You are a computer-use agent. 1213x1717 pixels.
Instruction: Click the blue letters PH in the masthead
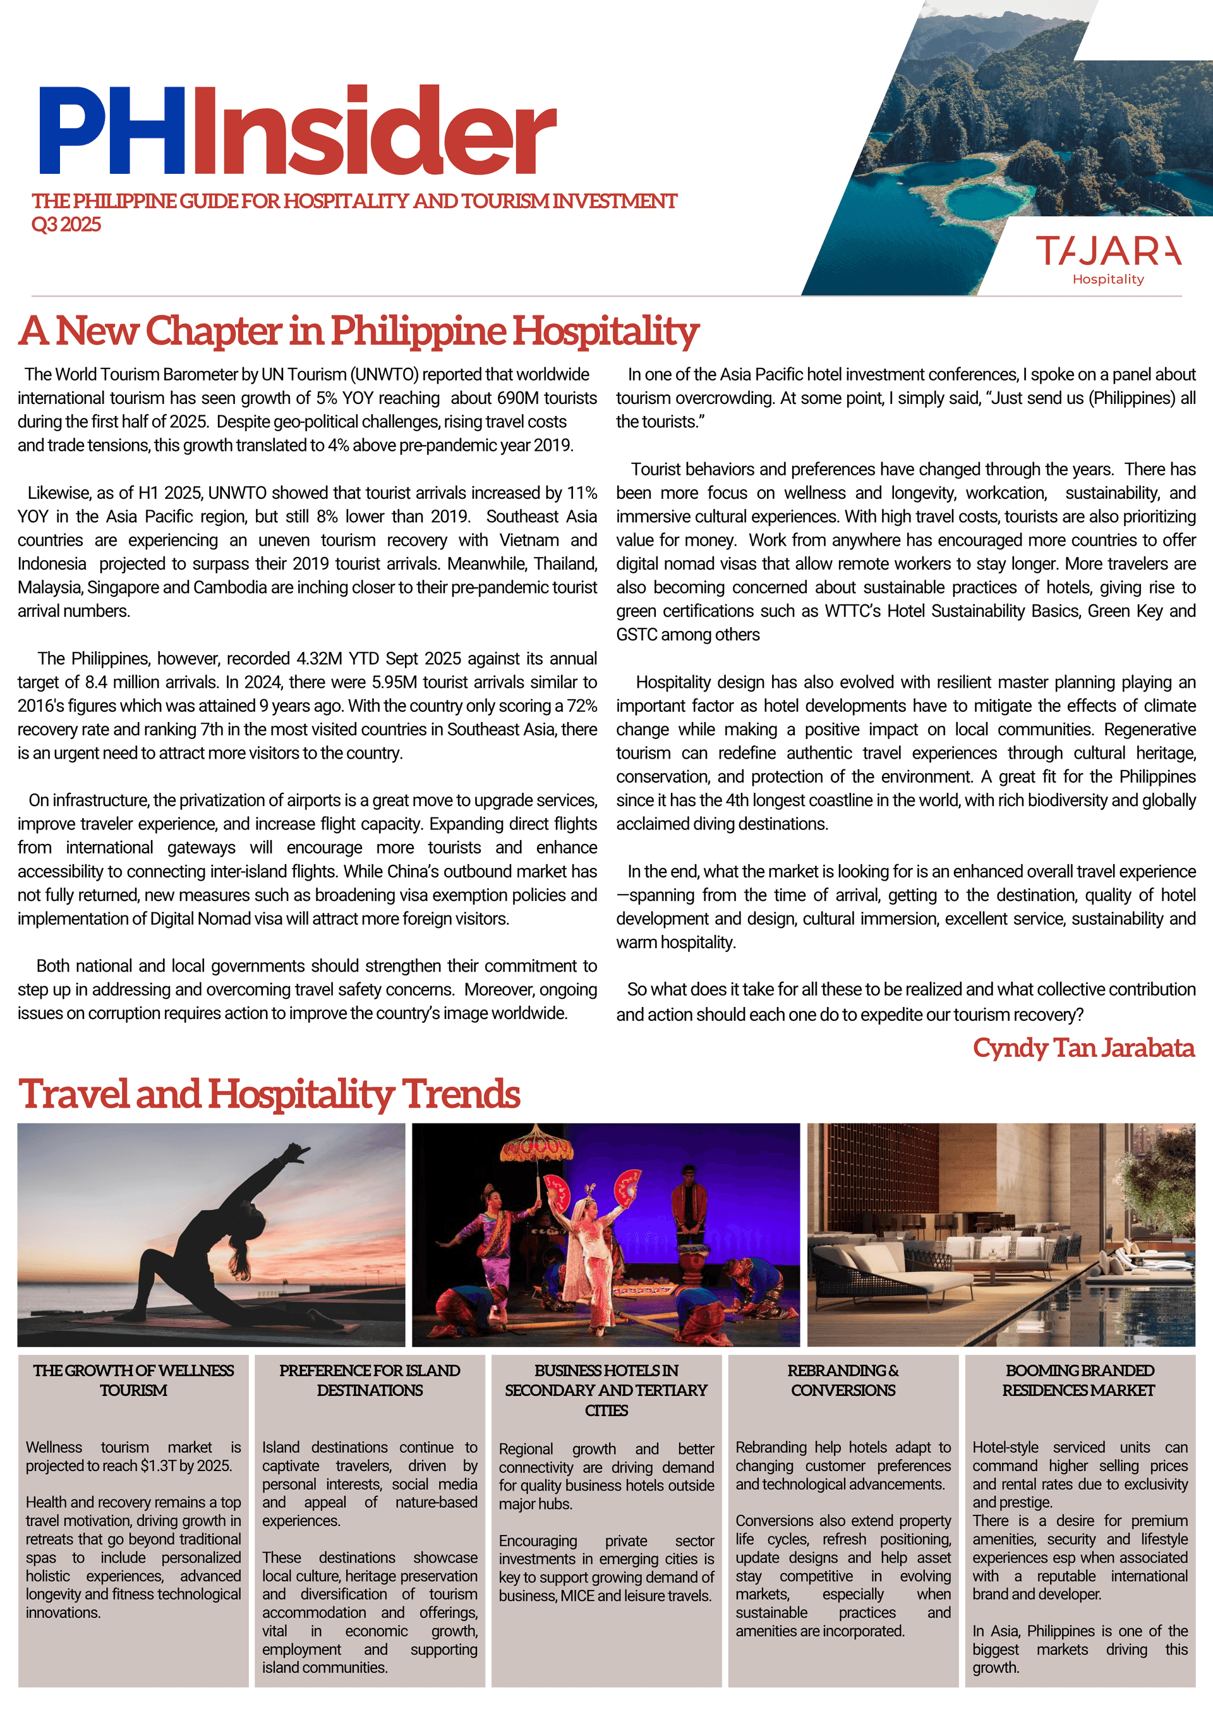(112, 131)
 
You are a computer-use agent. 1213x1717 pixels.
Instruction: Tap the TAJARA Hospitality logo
(1107, 258)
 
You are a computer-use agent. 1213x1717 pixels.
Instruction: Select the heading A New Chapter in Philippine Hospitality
(359, 331)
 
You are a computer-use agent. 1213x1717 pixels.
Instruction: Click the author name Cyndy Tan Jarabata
(1083, 1048)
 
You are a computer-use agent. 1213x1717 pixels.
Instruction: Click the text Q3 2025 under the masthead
(66, 224)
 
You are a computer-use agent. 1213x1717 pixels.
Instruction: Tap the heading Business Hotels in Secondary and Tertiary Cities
(606, 1390)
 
